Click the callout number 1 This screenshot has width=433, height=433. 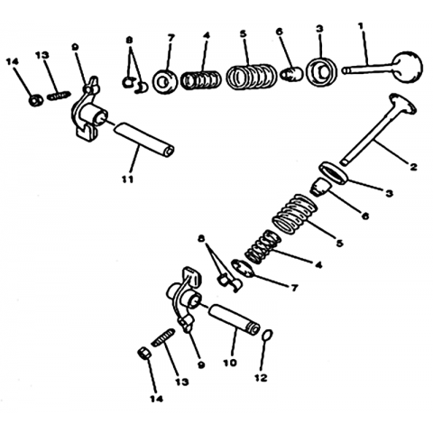click(361, 26)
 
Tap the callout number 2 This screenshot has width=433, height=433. click(413, 166)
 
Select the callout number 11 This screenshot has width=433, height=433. click(127, 180)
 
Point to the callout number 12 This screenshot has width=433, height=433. click(261, 378)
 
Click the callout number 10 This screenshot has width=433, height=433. click(230, 363)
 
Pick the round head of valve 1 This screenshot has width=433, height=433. click(408, 67)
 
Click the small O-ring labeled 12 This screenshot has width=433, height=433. click(268, 335)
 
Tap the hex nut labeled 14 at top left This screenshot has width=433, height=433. click(36, 100)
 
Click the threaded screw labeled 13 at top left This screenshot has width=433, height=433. click(59, 97)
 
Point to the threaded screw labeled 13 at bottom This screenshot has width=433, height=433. click(163, 337)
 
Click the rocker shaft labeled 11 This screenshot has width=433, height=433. click(143, 141)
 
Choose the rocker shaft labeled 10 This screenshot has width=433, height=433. click(234, 320)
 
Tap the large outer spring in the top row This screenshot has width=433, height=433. click(251, 76)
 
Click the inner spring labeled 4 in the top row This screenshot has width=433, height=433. click(200, 80)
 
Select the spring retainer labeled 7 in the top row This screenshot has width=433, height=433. click(164, 81)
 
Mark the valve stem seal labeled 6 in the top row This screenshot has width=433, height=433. click(291, 74)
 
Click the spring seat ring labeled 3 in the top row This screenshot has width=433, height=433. click(321, 71)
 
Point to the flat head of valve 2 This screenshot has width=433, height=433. click(403, 104)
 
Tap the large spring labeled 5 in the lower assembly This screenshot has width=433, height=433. click(295, 214)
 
